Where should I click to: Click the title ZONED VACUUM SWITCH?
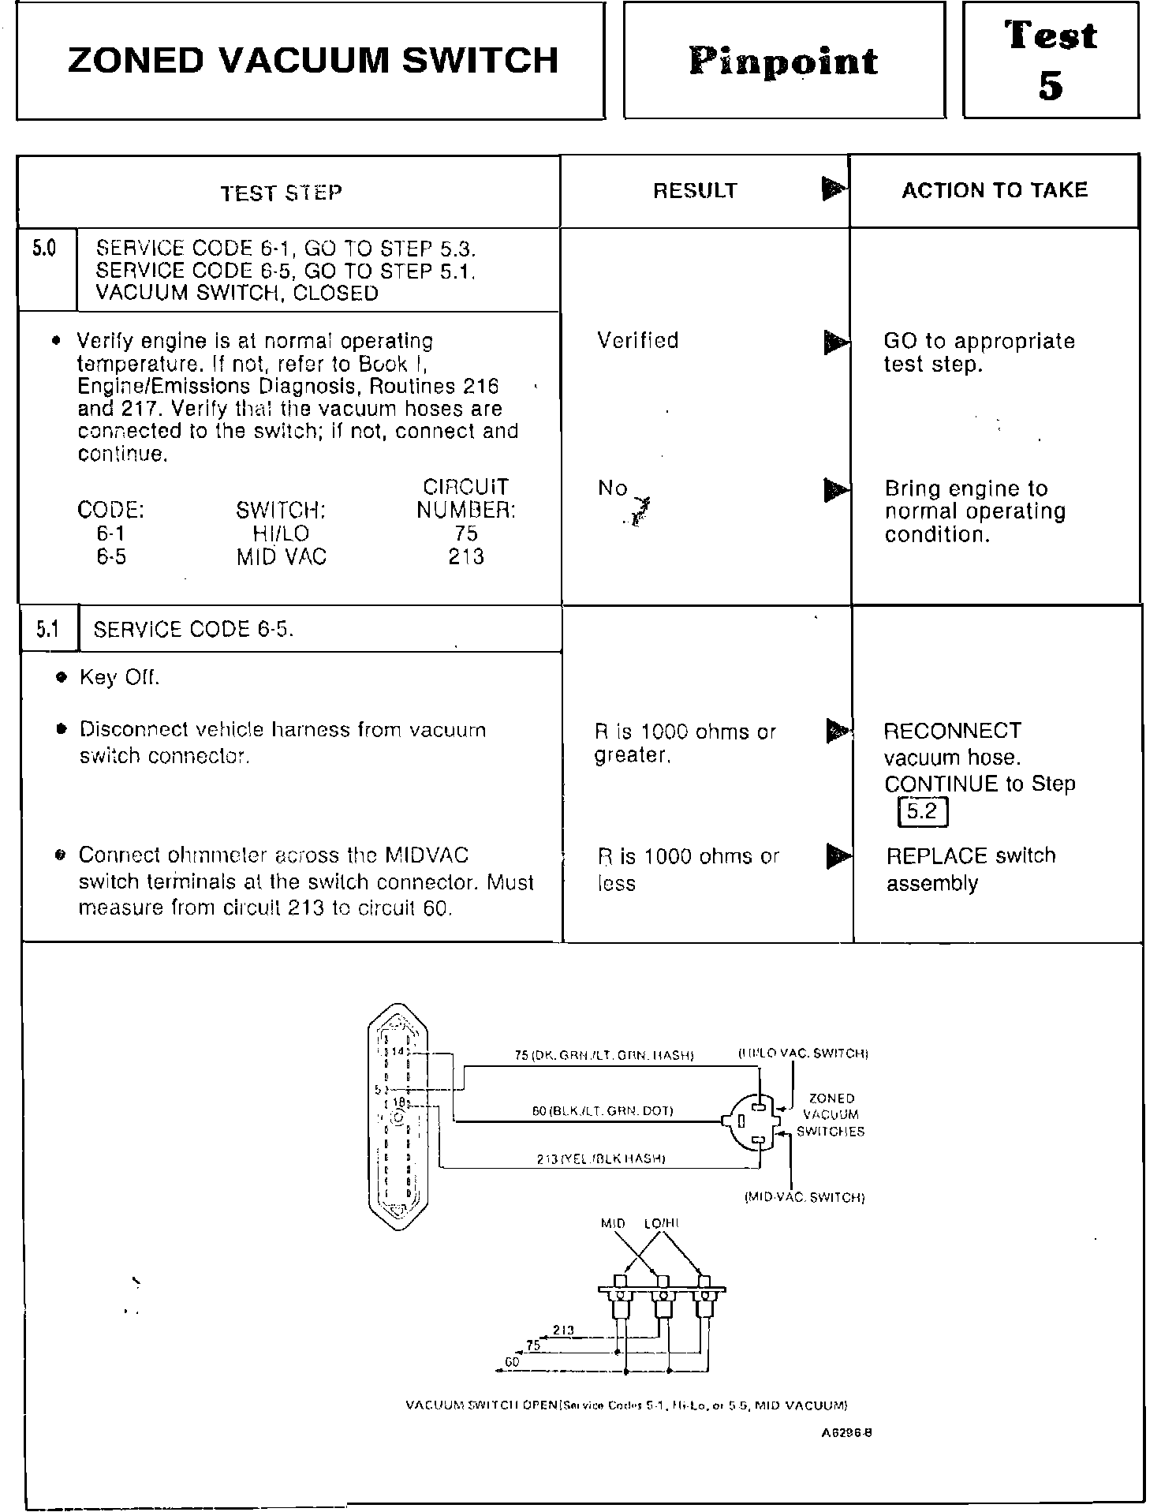tap(313, 61)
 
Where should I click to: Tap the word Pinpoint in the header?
tap(783, 62)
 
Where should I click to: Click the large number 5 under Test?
tap(1051, 85)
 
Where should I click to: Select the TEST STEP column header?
tap(281, 193)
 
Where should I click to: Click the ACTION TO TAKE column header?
tap(995, 190)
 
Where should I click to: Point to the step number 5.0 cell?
tap(45, 249)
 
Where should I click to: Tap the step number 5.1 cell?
tap(48, 629)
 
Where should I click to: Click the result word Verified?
tap(637, 341)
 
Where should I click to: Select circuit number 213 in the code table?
tap(465, 556)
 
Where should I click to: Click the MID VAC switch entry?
tap(281, 557)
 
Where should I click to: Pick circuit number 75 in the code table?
tap(465, 533)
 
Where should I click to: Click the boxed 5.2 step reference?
tap(922, 811)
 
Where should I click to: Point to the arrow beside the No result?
tap(834, 489)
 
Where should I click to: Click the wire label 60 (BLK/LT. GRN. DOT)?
tap(603, 1111)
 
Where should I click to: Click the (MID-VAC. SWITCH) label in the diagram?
tap(804, 1198)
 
